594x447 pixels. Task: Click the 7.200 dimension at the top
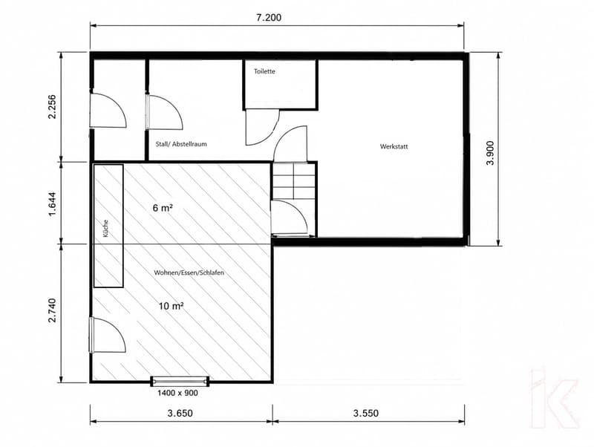click(x=269, y=18)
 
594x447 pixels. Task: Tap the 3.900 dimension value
click(x=490, y=153)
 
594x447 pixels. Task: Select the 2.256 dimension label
click(x=52, y=106)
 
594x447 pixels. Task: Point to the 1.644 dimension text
click(x=52, y=204)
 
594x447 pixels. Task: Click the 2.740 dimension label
click(x=52, y=310)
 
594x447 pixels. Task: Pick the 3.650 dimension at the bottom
click(x=180, y=413)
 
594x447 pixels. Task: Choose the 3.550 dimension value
click(x=366, y=413)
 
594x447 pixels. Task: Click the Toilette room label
click(x=264, y=71)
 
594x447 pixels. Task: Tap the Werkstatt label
click(x=394, y=146)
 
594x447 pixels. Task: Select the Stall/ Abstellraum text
click(x=181, y=144)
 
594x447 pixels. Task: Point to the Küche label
click(x=105, y=229)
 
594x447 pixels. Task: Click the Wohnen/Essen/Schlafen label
click(x=189, y=273)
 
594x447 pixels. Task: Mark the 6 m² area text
click(x=163, y=208)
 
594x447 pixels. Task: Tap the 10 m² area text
click(x=172, y=306)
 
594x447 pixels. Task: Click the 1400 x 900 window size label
click(x=177, y=394)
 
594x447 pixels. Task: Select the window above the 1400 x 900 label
click(x=180, y=381)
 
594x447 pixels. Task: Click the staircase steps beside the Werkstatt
click(x=294, y=180)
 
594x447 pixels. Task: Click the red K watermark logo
click(x=555, y=398)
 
